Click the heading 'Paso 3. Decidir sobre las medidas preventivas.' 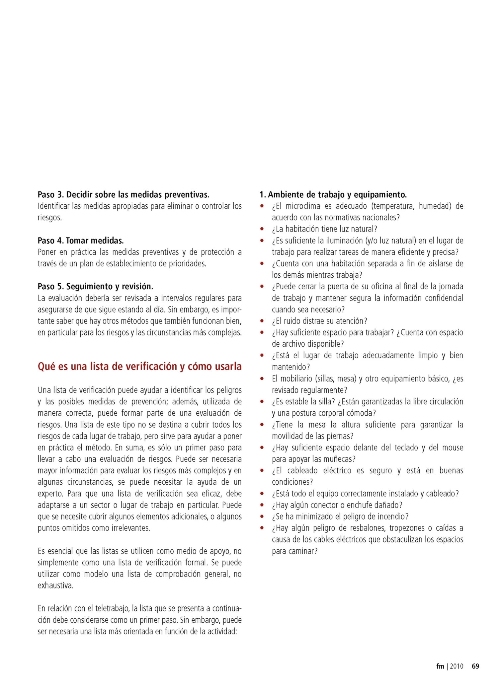pyautogui.click(x=124, y=194)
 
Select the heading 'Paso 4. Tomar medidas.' pyautogui.click(x=81, y=241)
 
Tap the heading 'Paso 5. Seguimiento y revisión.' pyautogui.click(x=95, y=286)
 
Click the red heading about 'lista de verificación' pyautogui.click(x=139, y=366)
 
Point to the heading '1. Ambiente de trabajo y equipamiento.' pyautogui.click(x=333, y=194)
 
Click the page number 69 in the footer pyautogui.click(x=475, y=666)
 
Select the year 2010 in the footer pyautogui.click(x=457, y=666)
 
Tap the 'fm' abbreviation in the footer pyautogui.click(x=440, y=666)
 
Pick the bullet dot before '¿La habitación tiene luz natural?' pyautogui.click(x=262, y=229)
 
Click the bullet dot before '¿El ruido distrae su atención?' pyautogui.click(x=262, y=321)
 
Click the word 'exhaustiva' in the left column pyautogui.click(x=55, y=586)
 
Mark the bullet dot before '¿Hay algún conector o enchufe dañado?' pyautogui.click(x=262, y=505)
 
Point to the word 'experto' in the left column pyautogui.click(x=50, y=494)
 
